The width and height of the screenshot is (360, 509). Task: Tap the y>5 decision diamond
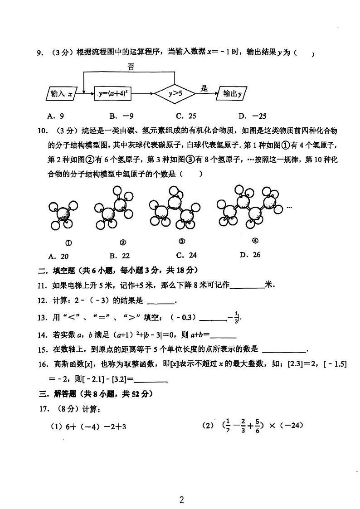click(175, 94)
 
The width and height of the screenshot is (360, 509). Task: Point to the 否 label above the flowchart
click(131, 67)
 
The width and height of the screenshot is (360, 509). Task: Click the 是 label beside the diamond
click(204, 88)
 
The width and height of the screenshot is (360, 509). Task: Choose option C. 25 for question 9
click(186, 116)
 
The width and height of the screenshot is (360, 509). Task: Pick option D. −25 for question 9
click(249, 116)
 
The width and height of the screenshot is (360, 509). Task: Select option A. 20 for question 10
click(60, 256)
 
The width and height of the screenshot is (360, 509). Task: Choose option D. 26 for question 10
click(250, 255)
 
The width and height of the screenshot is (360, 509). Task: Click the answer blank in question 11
click(247, 286)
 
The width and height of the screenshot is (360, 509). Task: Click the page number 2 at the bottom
click(181, 500)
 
